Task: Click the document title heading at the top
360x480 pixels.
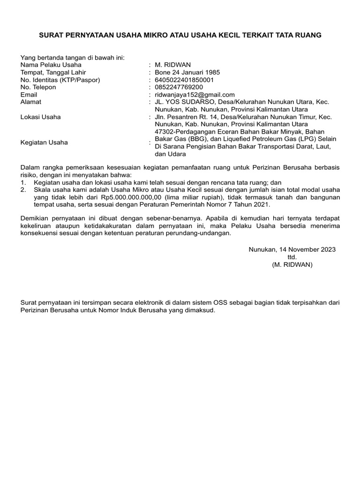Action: [x=180, y=35]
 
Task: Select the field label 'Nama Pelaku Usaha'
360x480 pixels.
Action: [x=51, y=65]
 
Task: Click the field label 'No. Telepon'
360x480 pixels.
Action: [x=38, y=87]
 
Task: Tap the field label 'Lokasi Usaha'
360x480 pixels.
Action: [x=41, y=117]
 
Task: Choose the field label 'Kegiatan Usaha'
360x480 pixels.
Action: [x=45, y=142]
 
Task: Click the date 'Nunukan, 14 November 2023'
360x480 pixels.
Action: [x=292, y=249]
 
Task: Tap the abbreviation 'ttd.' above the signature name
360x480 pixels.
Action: [x=292, y=257]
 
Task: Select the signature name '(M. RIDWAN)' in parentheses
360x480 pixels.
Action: [x=292, y=264]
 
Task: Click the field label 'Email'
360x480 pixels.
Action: [x=29, y=95]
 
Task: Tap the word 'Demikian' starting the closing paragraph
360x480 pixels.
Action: [x=35, y=218]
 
